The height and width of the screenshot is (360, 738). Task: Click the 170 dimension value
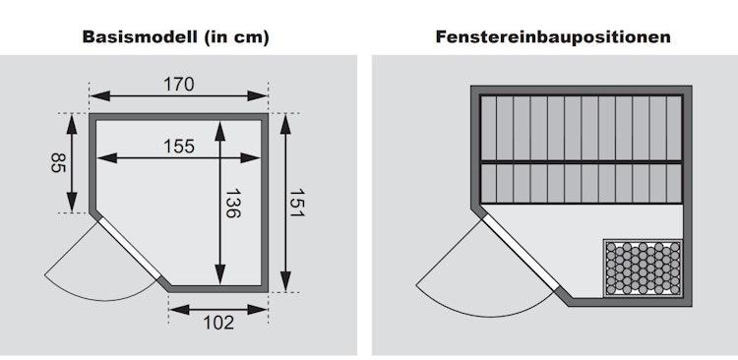pyautogui.click(x=179, y=85)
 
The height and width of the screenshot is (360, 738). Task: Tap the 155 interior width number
pyautogui.click(x=179, y=147)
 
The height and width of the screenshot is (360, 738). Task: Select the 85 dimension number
pyautogui.click(x=58, y=162)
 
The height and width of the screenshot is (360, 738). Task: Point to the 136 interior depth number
pyautogui.click(x=232, y=204)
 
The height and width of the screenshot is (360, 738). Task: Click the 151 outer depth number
pyautogui.click(x=297, y=204)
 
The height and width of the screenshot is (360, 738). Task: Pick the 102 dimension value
pyautogui.click(x=218, y=323)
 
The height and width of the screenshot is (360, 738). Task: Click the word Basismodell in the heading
pyautogui.click(x=140, y=36)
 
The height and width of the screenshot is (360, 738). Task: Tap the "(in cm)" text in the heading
pyautogui.click(x=237, y=37)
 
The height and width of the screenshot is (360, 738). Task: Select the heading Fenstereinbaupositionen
pyautogui.click(x=553, y=36)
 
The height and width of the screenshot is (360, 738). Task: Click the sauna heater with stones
pyautogui.click(x=643, y=269)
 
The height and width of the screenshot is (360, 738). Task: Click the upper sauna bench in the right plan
pyautogui.click(x=582, y=129)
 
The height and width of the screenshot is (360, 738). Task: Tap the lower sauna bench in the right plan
pyautogui.click(x=582, y=183)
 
